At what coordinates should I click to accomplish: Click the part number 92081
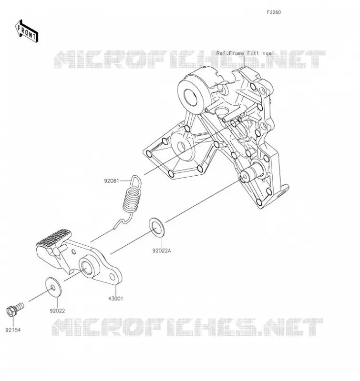(x=112, y=181)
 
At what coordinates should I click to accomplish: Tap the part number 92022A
(x=162, y=251)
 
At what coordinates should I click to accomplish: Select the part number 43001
(x=115, y=299)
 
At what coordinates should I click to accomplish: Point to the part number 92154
(x=13, y=330)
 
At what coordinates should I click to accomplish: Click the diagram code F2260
(x=274, y=12)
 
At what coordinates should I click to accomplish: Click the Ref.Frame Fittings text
(x=244, y=53)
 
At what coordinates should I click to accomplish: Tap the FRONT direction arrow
(x=26, y=31)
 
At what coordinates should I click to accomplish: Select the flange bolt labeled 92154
(x=15, y=309)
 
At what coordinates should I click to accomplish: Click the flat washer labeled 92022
(x=53, y=287)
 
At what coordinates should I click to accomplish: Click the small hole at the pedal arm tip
(x=113, y=277)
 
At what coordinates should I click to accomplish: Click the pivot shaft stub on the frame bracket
(x=252, y=172)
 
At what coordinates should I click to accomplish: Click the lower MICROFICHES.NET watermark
(x=187, y=327)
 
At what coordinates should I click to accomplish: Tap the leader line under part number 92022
(x=57, y=302)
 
